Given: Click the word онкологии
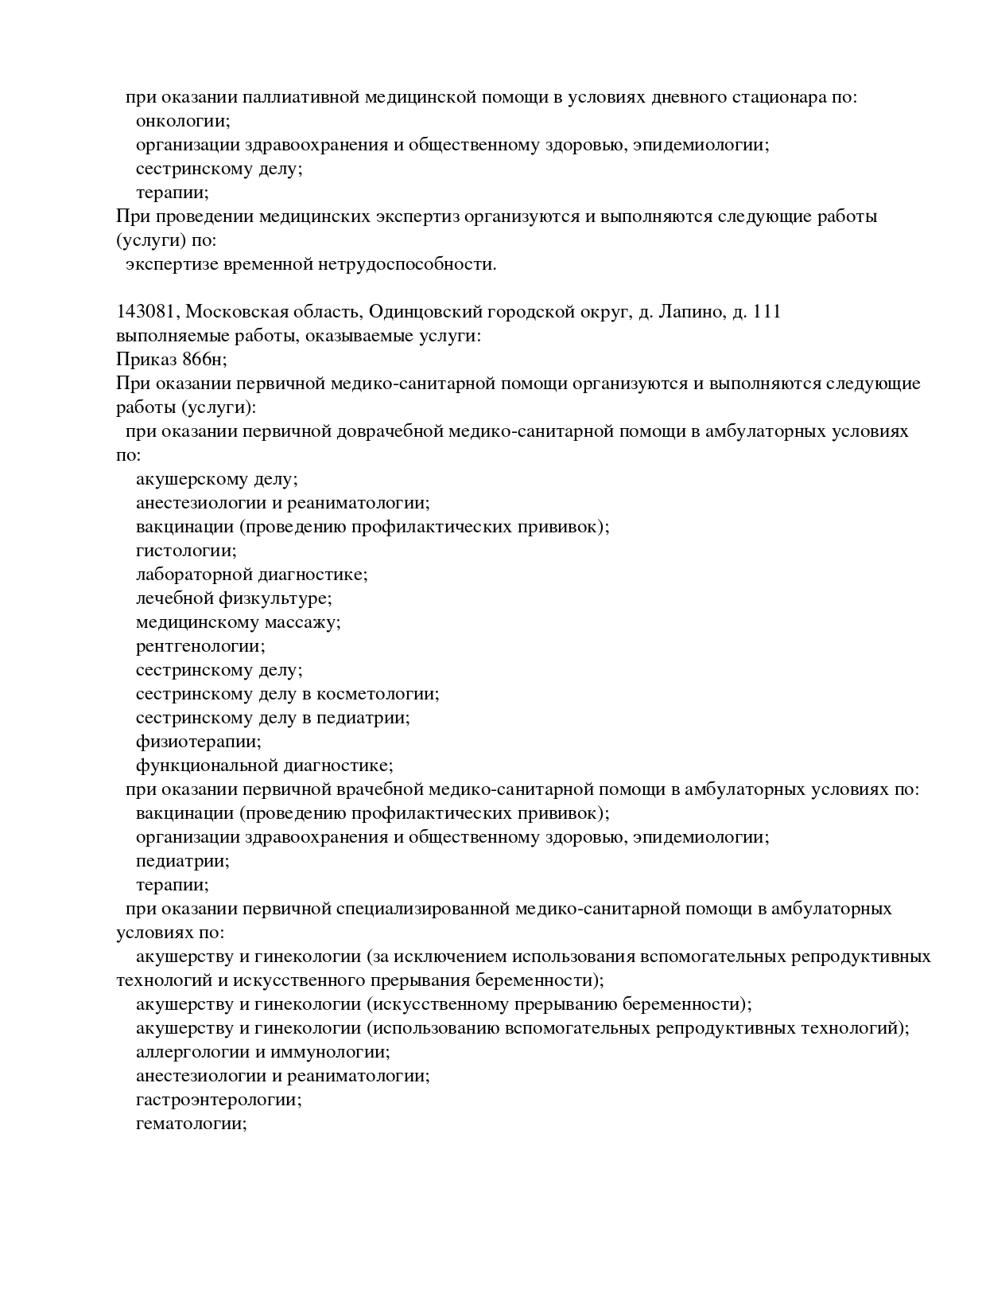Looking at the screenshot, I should click(182, 121).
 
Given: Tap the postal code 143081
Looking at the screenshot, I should click(146, 312).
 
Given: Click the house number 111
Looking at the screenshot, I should click(766, 312).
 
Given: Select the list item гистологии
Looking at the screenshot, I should click(186, 551).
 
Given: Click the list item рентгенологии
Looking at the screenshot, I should click(200, 646).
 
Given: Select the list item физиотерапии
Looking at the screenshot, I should click(198, 742).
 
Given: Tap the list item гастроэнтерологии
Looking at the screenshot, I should click(218, 1100).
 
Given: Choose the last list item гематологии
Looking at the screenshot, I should click(191, 1124).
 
